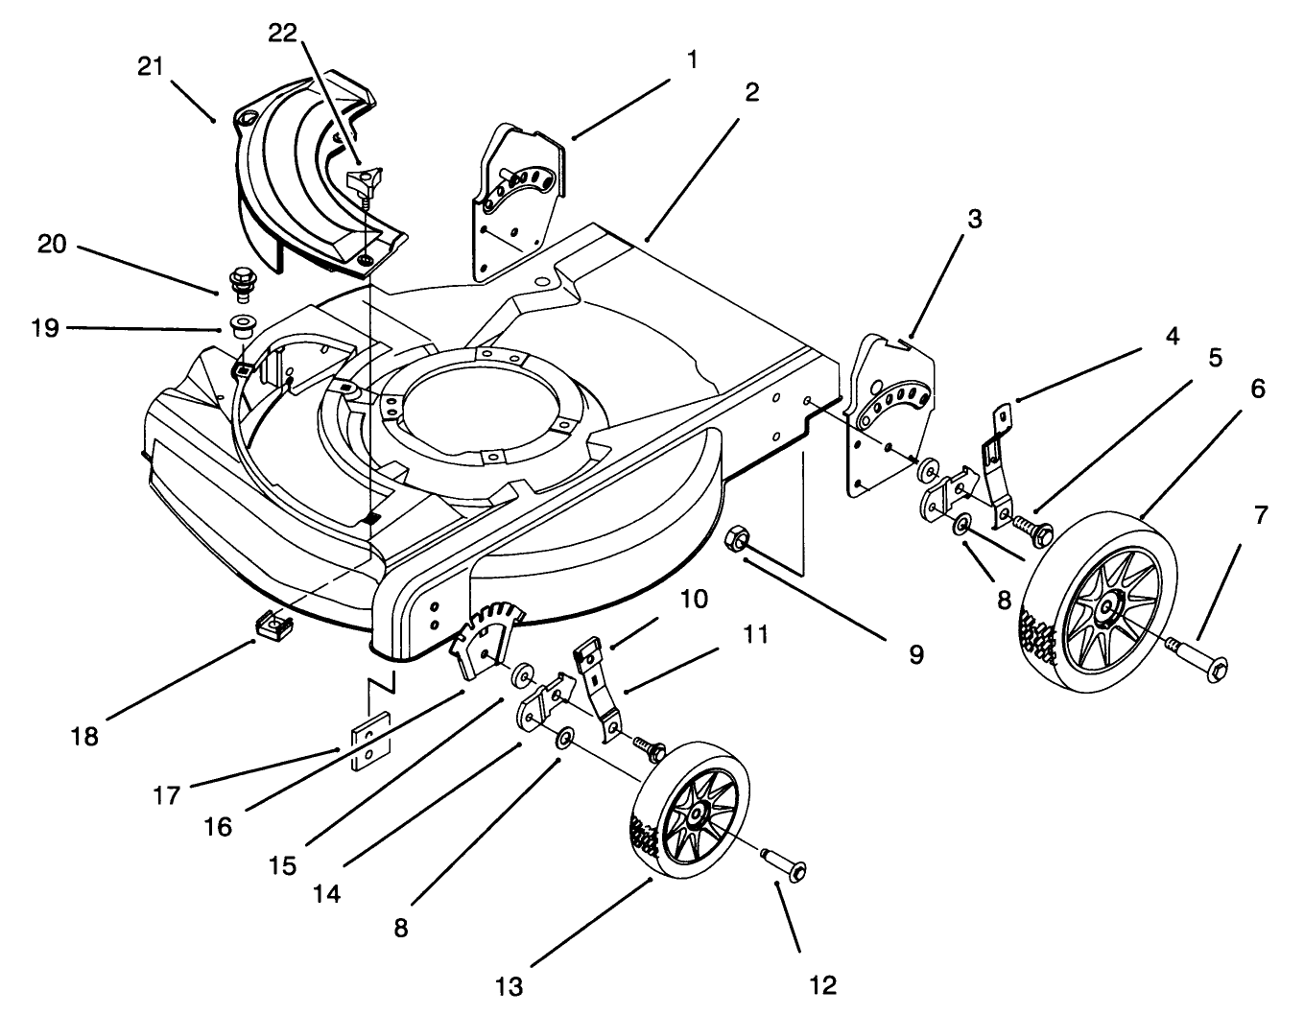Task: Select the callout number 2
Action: [750, 92]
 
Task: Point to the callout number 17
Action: [167, 795]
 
